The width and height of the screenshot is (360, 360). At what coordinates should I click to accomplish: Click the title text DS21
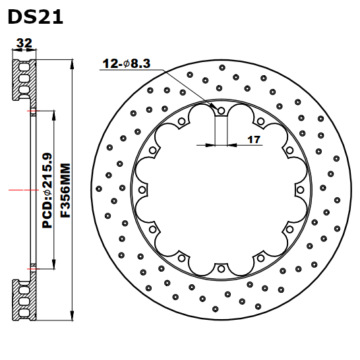click(x=36, y=16)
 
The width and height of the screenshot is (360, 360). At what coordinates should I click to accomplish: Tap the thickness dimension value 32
click(x=24, y=44)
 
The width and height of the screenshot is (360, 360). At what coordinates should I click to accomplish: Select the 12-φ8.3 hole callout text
click(x=127, y=64)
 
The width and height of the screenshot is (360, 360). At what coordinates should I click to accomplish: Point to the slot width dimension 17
click(x=255, y=139)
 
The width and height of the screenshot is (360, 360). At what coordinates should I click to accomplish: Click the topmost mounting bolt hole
click(x=221, y=111)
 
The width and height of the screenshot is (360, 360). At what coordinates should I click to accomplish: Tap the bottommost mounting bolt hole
click(x=221, y=268)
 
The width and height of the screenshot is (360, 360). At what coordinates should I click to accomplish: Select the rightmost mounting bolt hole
click(x=300, y=190)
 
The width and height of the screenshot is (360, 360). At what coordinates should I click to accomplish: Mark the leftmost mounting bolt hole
click(x=142, y=190)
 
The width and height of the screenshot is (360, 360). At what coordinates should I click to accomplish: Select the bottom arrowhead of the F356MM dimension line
click(x=71, y=319)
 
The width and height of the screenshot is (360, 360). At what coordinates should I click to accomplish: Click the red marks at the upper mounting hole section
click(x=31, y=111)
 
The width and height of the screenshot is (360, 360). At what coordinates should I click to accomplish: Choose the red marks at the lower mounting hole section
click(x=31, y=268)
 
